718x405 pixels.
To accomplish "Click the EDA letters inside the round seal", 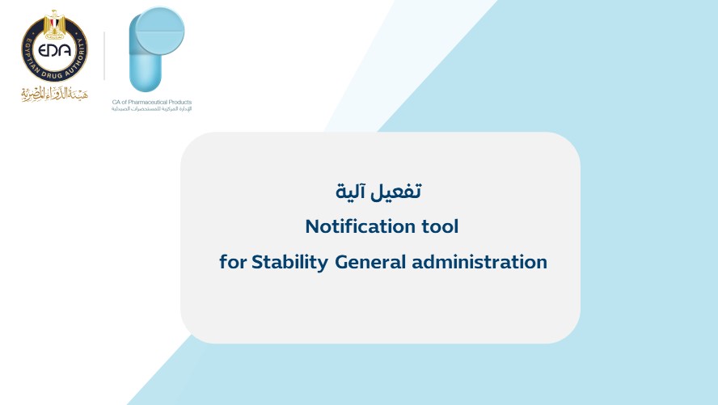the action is (54, 49).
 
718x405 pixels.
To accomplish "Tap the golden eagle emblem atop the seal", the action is (54, 24).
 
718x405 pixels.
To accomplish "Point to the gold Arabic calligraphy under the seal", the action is (54, 94).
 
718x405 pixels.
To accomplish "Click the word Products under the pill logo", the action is (180, 102).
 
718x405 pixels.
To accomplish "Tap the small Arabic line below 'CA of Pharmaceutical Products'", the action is (151, 109).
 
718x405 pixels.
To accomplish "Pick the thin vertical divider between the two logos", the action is (104, 56).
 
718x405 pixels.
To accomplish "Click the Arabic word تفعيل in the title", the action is (395, 192).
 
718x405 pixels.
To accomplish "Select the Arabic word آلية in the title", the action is (350, 192).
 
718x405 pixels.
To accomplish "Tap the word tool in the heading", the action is (440, 226).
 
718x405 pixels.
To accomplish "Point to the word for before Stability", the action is (233, 262).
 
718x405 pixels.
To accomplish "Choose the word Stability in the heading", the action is (289, 262).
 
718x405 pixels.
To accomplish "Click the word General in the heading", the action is (370, 262).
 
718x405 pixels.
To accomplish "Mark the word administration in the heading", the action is (479, 262).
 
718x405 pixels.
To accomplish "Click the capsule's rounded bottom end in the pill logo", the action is (146, 82).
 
